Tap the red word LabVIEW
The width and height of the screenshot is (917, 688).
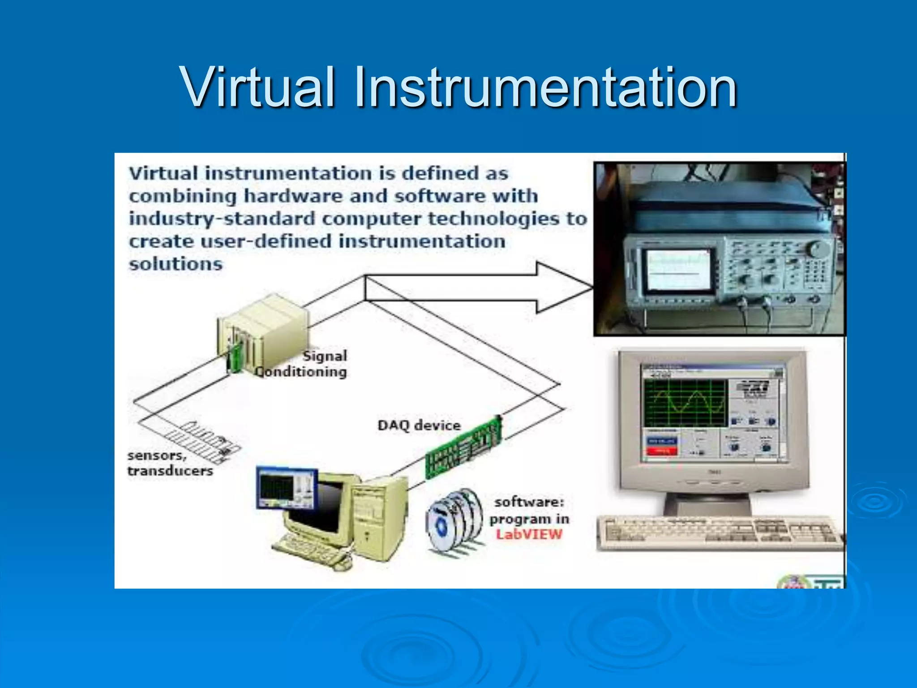529,534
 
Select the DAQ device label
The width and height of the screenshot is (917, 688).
419,425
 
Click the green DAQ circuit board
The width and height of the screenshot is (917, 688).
464,447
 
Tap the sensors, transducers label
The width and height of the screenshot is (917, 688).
170,463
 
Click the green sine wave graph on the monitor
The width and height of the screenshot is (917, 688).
685,403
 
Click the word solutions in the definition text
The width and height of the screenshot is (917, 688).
176,264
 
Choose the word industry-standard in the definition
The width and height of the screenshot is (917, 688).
222,219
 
